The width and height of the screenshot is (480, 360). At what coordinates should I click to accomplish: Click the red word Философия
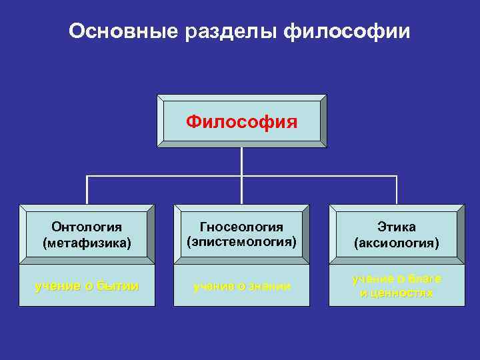tap(241, 122)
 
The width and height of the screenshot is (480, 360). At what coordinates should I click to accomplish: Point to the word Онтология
tap(86, 229)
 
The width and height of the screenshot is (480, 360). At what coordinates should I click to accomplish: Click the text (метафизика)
tap(86, 243)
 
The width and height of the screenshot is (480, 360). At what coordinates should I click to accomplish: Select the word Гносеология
tap(241, 227)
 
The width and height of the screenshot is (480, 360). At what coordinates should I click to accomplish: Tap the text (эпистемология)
tap(241, 241)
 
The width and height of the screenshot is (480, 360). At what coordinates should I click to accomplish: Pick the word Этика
tap(397, 229)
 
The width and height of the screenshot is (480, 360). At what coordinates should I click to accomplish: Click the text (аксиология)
tap(397, 243)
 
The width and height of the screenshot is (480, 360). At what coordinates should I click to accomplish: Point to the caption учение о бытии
tap(86, 286)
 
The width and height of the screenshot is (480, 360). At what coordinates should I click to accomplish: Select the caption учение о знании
tap(241, 286)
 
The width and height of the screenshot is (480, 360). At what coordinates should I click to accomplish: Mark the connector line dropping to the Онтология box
tap(87, 190)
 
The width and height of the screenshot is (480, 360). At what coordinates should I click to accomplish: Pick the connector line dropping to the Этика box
tap(397, 190)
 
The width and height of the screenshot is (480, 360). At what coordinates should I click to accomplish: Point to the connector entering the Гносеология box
tap(241, 193)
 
